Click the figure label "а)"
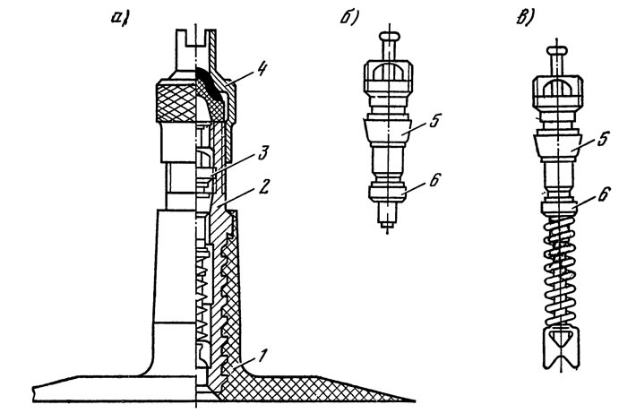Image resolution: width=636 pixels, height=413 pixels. pyautogui.click(x=120, y=18)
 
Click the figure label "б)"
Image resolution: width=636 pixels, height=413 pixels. pyautogui.click(x=349, y=18)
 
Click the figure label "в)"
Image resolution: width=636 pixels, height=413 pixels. pyautogui.click(x=526, y=17)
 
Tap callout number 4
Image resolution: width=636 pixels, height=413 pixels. pyautogui.click(x=261, y=69)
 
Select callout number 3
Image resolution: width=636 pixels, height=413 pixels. pyautogui.click(x=262, y=153)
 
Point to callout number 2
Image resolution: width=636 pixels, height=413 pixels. pyautogui.click(x=263, y=187)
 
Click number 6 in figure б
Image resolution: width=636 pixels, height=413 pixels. pyautogui.click(x=434, y=180)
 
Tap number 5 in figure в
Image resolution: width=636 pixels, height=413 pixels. pyautogui.click(x=603, y=139)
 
